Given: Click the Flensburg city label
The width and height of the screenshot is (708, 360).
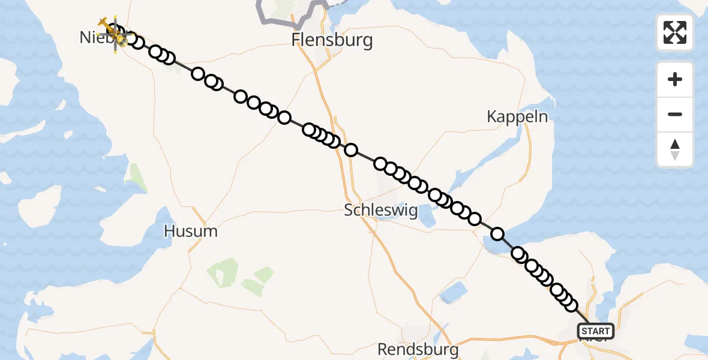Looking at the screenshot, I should pos(332,41).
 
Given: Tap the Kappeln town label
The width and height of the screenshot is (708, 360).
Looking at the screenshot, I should pos(517,116).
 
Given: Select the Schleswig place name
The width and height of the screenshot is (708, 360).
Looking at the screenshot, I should pos(381,211).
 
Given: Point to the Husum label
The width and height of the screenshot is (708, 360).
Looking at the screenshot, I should pos(191,230).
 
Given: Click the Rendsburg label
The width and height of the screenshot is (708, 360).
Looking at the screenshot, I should pos(418,349).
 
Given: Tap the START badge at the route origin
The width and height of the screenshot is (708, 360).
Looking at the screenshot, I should pos(596,331).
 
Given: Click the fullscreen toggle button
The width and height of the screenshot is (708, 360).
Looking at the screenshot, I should pos(675,32).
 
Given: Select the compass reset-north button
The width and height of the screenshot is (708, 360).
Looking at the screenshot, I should pos(675,149).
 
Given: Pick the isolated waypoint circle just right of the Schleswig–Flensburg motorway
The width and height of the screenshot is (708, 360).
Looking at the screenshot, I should pos(351,150).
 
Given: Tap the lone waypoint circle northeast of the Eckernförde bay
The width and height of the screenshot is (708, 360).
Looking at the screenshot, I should pos(497,233).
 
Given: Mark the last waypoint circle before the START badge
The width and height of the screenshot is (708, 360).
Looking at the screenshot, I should pos(571,305).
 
